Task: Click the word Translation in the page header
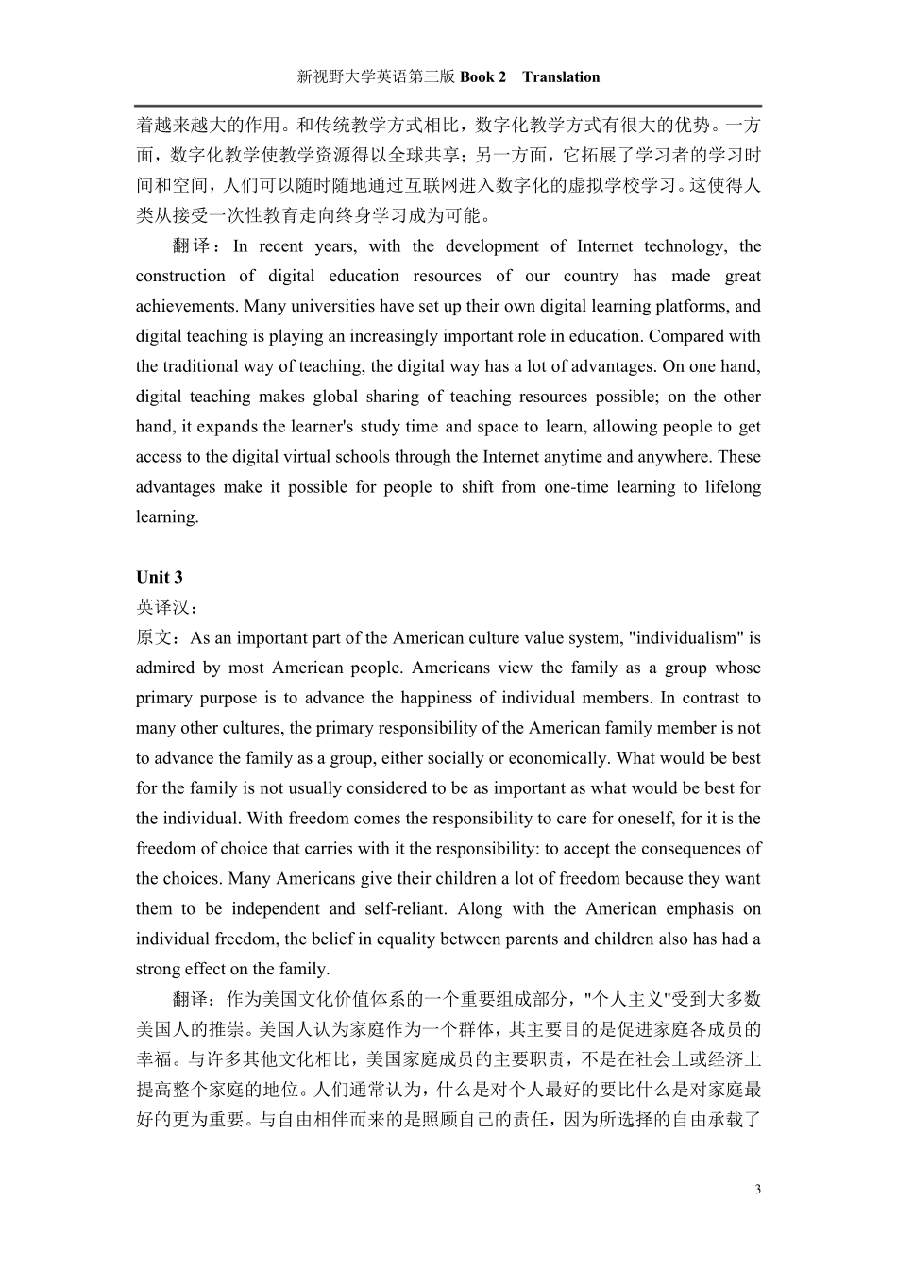coord(560,77)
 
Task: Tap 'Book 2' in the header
coord(482,77)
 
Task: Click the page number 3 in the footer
coord(757,1189)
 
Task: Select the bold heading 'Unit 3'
coord(160,577)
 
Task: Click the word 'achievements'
coord(186,306)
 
